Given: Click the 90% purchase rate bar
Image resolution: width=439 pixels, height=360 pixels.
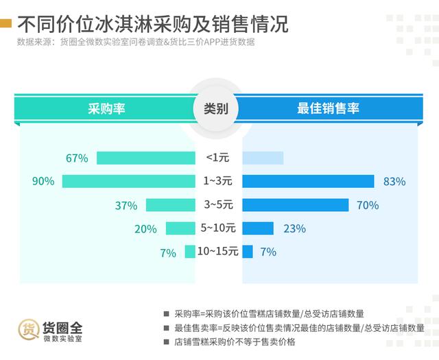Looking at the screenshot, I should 129,182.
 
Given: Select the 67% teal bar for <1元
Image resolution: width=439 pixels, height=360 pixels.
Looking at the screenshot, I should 146,158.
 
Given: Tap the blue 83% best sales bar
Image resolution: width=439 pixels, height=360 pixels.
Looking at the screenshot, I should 308,182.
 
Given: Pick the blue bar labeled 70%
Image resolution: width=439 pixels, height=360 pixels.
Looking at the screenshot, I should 296,205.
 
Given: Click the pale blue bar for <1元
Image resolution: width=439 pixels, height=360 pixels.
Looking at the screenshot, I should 263,158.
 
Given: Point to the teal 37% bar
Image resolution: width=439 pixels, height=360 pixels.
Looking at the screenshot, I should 171,205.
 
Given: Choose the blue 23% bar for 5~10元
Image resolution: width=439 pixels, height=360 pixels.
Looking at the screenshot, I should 258,228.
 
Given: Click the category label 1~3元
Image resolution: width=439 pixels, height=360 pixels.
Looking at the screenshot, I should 219,182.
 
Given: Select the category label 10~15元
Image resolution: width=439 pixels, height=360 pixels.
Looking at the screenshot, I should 217,252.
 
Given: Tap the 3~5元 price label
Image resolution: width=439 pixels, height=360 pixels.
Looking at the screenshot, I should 219,205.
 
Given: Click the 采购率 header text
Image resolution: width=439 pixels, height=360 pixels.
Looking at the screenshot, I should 106,108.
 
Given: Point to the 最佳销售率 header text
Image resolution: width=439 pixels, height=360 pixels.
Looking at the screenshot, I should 328,108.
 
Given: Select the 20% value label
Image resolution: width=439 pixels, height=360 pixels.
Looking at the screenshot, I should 145,229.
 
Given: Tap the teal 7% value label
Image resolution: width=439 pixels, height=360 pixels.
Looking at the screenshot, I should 168,252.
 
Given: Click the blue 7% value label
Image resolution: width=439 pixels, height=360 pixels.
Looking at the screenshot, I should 268,252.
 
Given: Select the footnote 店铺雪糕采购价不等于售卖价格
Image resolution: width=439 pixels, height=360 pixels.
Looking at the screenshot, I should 235,341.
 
